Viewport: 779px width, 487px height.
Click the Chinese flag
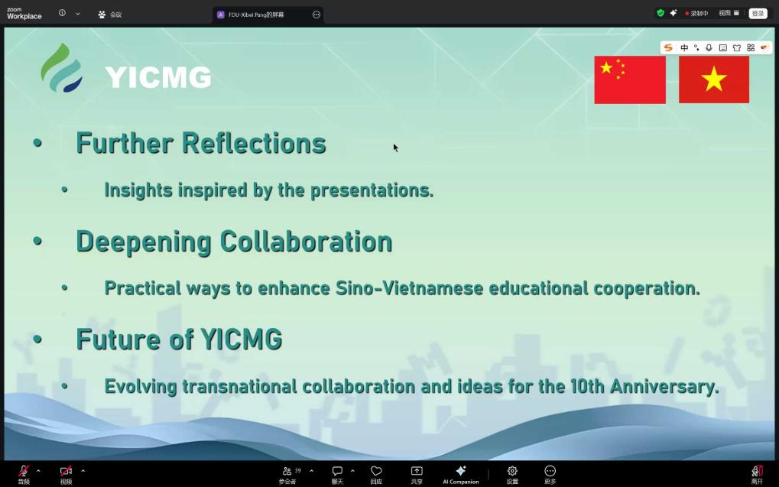point(630,80)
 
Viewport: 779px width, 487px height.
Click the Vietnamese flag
point(714,80)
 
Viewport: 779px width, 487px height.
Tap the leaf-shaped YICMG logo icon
point(62,68)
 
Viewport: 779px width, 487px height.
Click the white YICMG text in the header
point(158,77)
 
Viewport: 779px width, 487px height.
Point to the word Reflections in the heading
point(254,143)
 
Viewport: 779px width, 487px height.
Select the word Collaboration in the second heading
point(306,242)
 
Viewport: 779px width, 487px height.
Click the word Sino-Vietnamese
point(409,288)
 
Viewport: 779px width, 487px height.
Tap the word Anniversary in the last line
point(664,387)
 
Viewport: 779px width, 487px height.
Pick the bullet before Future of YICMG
point(37,339)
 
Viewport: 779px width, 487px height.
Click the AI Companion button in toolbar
point(460,475)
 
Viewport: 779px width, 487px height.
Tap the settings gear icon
point(512,471)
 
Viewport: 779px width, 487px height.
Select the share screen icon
point(417,471)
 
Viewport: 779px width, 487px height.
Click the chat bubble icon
point(337,471)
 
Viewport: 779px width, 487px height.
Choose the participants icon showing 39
point(287,471)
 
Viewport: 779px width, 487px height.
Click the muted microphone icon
point(24,471)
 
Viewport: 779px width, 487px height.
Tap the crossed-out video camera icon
point(66,471)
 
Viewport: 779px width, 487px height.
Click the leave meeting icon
point(757,471)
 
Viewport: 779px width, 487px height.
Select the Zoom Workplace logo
point(24,14)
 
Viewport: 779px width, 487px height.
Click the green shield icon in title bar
point(661,14)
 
